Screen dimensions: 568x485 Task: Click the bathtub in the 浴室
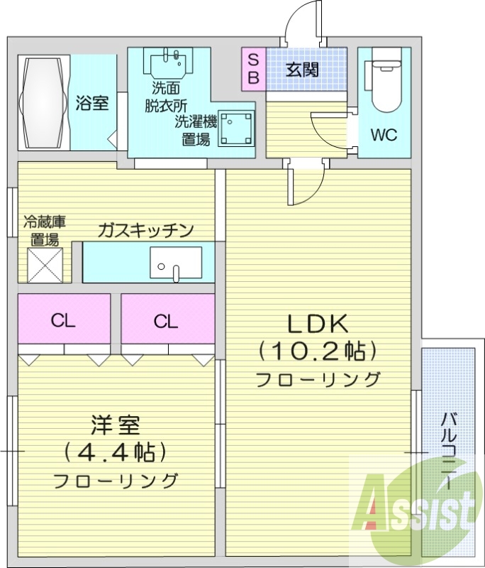click(x=43, y=102)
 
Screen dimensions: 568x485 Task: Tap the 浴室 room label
click(x=92, y=103)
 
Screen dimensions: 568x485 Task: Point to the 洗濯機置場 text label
click(x=196, y=130)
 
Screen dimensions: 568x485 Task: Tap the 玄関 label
click(x=302, y=70)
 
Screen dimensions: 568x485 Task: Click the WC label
click(x=384, y=135)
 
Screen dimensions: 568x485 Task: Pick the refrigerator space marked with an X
click(x=46, y=265)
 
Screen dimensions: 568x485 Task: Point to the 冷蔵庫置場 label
click(x=44, y=229)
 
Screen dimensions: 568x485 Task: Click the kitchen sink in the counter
click(x=175, y=263)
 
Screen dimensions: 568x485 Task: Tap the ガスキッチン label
click(x=145, y=229)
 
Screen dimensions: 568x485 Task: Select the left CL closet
click(x=63, y=321)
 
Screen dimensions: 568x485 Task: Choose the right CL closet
click(x=166, y=321)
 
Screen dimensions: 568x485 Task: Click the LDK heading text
click(x=317, y=324)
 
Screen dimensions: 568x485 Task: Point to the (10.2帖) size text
click(x=317, y=350)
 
